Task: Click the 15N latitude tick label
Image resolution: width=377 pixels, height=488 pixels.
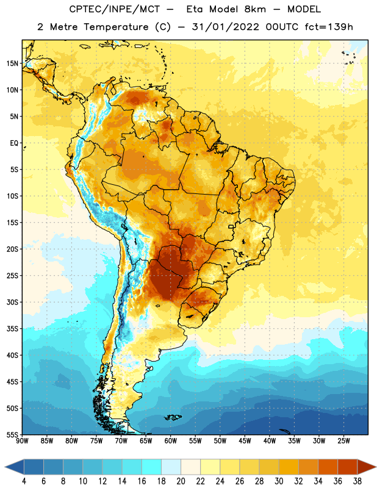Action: pyautogui.click(x=12, y=63)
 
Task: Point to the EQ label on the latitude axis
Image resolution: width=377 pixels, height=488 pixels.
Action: pyautogui.click(x=14, y=143)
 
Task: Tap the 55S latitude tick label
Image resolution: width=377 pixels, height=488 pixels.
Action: pyautogui.click(x=12, y=435)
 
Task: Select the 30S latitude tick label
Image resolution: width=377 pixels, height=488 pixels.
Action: pyautogui.click(x=12, y=302)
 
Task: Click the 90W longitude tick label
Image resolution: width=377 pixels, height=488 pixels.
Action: pyautogui.click(x=22, y=441)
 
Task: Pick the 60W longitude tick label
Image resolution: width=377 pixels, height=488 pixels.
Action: pyautogui.click(x=171, y=441)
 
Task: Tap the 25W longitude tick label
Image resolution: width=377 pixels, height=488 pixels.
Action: pyautogui.click(x=343, y=441)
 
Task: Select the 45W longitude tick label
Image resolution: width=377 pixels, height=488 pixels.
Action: pyautogui.click(x=245, y=441)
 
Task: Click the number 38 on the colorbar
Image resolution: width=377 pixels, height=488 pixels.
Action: pyautogui.click(x=357, y=481)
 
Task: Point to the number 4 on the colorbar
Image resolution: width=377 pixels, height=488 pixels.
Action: pyautogui.click(x=24, y=481)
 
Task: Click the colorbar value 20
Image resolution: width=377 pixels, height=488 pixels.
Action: pyautogui.click(x=181, y=481)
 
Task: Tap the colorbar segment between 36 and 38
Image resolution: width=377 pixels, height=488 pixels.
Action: pyautogui.click(x=348, y=467)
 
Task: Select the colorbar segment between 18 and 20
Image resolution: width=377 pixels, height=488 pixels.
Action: pyautogui.click(x=171, y=467)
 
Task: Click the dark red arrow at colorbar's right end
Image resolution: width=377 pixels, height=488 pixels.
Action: pyautogui.click(x=366, y=467)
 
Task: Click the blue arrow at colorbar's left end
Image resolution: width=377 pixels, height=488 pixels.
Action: pyautogui.click(x=15, y=467)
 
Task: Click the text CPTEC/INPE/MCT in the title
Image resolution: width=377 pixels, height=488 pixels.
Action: pyautogui.click(x=114, y=9)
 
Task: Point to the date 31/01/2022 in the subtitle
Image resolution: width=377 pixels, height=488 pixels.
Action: pyautogui.click(x=225, y=27)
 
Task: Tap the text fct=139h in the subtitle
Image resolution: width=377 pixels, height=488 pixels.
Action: pyautogui.click(x=329, y=27)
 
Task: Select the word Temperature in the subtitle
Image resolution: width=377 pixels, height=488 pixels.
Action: pyautogui.click(x=116, y=27)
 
